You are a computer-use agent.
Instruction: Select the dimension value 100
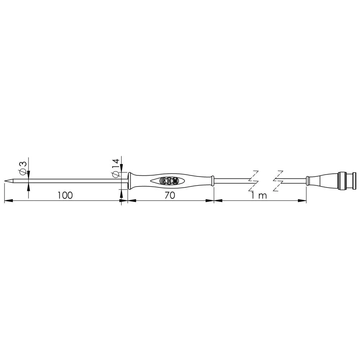click(x=65, y=195)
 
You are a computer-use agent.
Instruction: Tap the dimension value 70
click(x=170, y=195)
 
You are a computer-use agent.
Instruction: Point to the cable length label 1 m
click(x=259, y=195)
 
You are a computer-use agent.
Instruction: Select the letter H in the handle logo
click(x=169, y=181)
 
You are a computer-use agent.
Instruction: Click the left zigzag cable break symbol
click(x=254, y=181)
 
